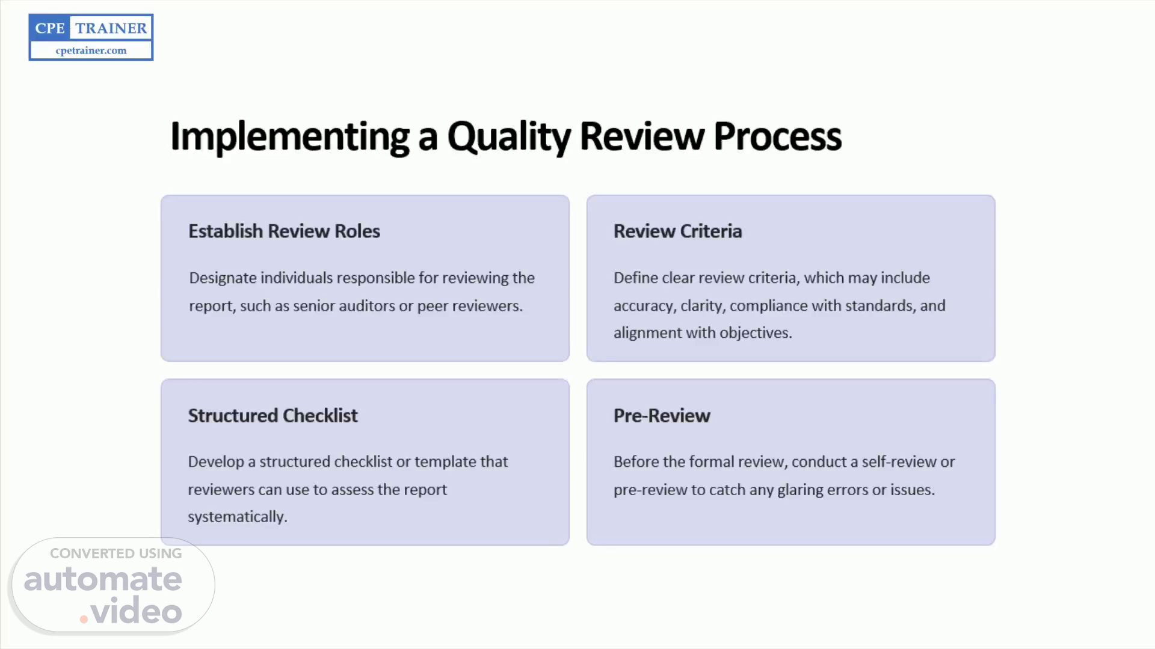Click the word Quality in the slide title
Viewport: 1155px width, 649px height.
(509, 137)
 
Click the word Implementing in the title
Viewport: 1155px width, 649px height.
(289, 137)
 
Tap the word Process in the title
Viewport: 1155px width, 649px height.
(777, 136)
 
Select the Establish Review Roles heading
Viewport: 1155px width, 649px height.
(284, 231)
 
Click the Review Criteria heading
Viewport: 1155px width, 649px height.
(677, 231)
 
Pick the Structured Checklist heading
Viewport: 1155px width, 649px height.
(273, 416)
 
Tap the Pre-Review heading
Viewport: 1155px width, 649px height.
(662, 416)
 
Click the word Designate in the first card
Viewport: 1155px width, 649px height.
(223, 278)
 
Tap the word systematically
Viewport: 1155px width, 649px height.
(238, 517)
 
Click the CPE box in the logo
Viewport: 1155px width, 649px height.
(50, 28)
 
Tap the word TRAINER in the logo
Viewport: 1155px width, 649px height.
(111, 28)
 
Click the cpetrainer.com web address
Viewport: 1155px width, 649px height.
(91, 50)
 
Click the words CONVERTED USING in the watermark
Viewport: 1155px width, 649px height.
(115, 553)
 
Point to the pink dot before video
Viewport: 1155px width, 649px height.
(84, 619)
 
